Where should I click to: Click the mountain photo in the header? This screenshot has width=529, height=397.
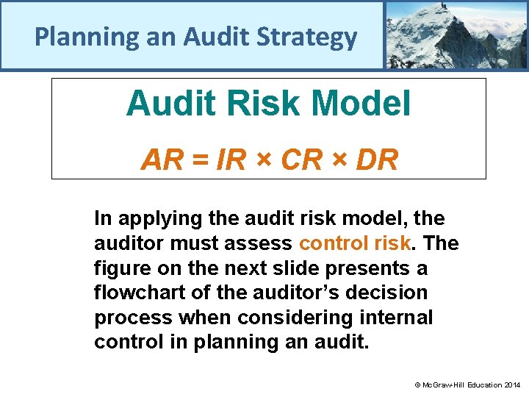pyautogui.click(x=456, y=35)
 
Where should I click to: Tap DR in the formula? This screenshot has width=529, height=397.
pyautogui.click(x=377, y=160)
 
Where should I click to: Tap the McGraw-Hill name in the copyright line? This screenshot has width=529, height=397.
pyautogui.click(x=441, y=385)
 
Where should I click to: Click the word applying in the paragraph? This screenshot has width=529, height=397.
pyautogui.click(x=153, y=218)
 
